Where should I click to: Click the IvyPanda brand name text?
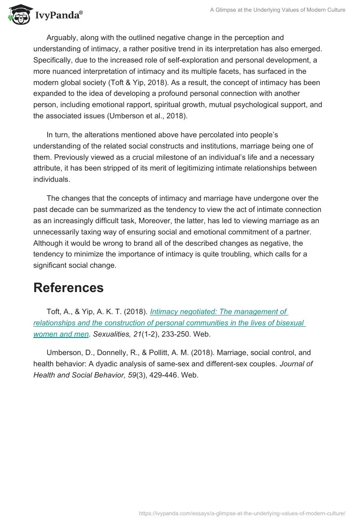[x=58, y=16]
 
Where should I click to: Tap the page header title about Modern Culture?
[x=278, y=10]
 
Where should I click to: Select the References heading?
[x=68, y=288]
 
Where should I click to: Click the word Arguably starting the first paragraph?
[x=63, y=37]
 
